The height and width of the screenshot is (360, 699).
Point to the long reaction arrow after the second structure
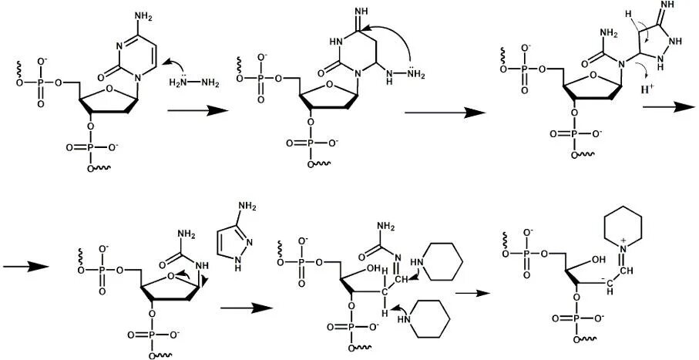tap(445, 112)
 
